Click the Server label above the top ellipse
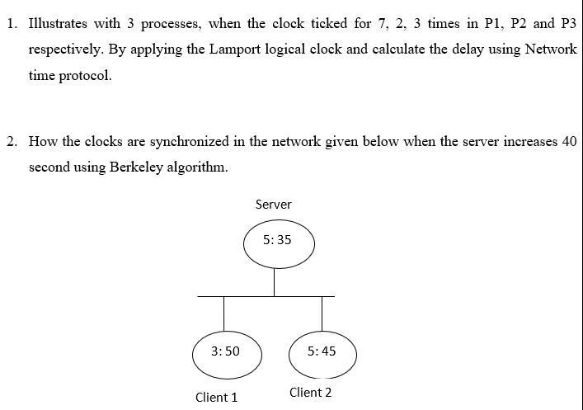(273, 204)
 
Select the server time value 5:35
(276, 240)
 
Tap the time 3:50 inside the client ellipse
(225, 351)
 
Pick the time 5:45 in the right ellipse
(321, 351)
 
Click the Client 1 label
(216, 398)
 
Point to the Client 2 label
(310, 393)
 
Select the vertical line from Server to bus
(275, 282)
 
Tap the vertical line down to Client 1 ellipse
(223, 313)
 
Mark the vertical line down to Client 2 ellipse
(322, 313)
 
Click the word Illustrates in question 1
(59, 23)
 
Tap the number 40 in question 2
(568, 141)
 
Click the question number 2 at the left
(12, 141)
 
